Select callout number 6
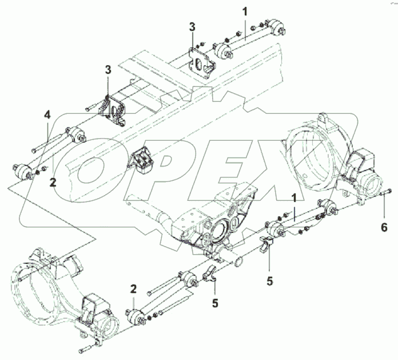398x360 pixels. (x=384, y=211)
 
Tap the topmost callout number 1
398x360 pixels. (x=245, y=10)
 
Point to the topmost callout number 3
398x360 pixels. (x=193, y=27)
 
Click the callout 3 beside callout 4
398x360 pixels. (x=108, y=70)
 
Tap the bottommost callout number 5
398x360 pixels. (x=215, y=303)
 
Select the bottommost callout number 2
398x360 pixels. (x=133, y=289)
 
